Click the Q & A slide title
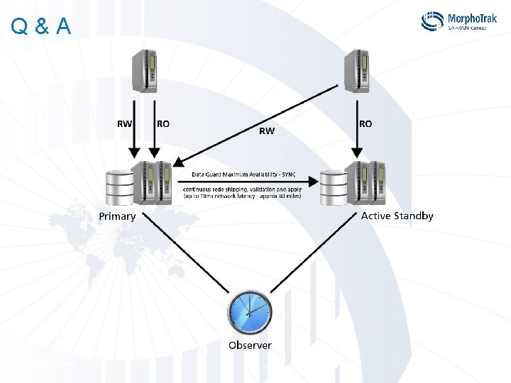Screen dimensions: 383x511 (x=41, y=26)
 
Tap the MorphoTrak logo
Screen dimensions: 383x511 (x=458, y=21)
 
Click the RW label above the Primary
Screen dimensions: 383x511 (x=124, y=123)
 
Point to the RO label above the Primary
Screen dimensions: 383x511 (x=163, y=123)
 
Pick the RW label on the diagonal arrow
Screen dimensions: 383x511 (x=267, y=131)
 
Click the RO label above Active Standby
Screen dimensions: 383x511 (x=365, y=123)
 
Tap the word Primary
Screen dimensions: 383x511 (x=117, y=216)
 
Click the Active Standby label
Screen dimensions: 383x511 (x=397, y=216)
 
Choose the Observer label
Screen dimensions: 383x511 (x=249, y=345)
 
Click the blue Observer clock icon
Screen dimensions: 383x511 (x=249, y=312)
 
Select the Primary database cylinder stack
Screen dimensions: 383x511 (x=119, y=186)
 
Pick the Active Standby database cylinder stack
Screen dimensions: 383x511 (x=332, y=186)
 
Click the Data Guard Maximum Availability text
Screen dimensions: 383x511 (x=243, y=174)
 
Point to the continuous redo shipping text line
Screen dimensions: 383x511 (x=242, y=189)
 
